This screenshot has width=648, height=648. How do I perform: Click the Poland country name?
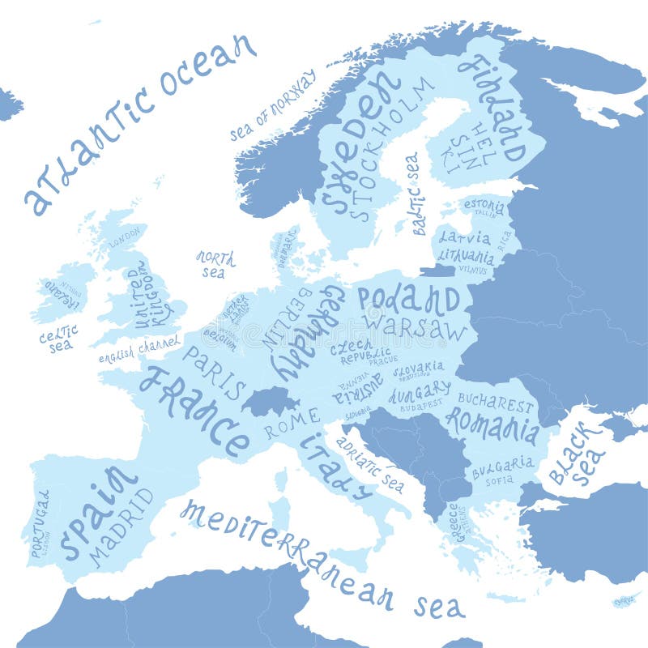[409, 300]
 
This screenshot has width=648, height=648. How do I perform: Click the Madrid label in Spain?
[122, 526]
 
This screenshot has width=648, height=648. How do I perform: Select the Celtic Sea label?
[58, 338]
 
